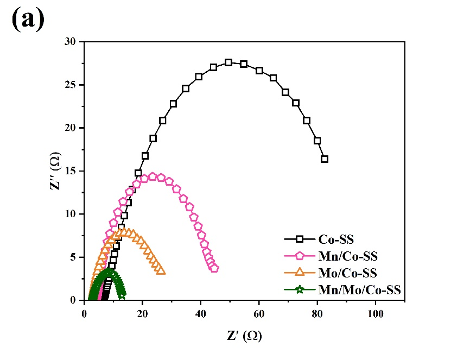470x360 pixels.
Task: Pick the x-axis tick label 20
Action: click(142, 314)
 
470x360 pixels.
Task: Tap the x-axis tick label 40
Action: click(201, 314)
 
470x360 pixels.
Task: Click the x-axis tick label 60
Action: click(259, 314)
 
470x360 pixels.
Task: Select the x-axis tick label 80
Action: click(317, 314)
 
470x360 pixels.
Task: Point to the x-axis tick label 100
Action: click(375, 314)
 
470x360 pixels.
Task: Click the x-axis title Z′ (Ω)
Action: click(244, 337)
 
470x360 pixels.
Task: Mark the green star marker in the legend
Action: click(300, 289)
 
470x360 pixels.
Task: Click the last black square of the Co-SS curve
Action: click(325, 159)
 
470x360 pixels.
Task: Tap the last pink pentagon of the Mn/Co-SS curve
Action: click(214, 268)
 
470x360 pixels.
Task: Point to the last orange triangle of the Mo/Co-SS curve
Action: click(161, 270)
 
